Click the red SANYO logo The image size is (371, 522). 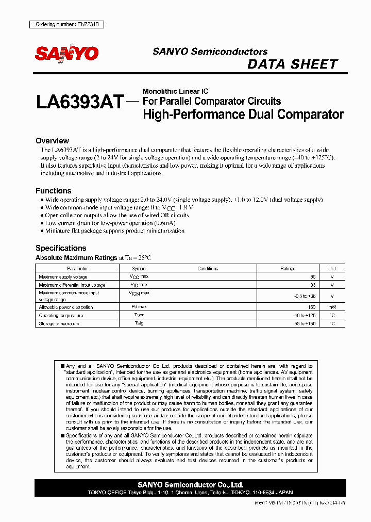click(x=66, y=53)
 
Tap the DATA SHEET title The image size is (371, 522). click(x=292, y=64)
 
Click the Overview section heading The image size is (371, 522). click(x=52, y=141)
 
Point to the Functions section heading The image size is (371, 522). click(x=53, y=191)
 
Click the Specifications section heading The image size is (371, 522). click(x=61, y=248)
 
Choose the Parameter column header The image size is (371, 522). click(x=78, y=269)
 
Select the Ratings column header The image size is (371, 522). click(x=288, y=269)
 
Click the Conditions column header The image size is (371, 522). click(x=208, y=269)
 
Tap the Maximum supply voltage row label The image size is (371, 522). click(x=63, y=277)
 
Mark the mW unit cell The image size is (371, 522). click(x=332, y=307)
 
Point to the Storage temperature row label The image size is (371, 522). click(x=59, y=323)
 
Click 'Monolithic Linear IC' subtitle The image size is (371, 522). click(x=175, y=91)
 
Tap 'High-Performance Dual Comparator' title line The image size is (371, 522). click(x=243, y=114)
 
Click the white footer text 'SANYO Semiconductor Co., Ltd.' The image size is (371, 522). click(x=191, y=485)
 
